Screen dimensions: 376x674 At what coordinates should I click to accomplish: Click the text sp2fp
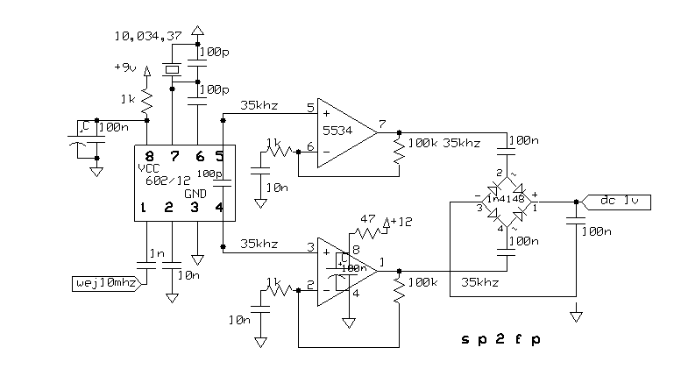click(x=500, y=339)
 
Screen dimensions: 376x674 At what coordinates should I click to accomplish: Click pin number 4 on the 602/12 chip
click(x=219, y=207)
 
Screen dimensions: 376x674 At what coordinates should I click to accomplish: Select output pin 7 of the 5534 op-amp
click(x=383, y=124)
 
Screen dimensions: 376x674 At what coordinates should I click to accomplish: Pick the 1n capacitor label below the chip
click(x=156, y=253)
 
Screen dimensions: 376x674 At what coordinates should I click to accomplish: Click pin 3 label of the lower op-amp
click(x=310, y=247)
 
